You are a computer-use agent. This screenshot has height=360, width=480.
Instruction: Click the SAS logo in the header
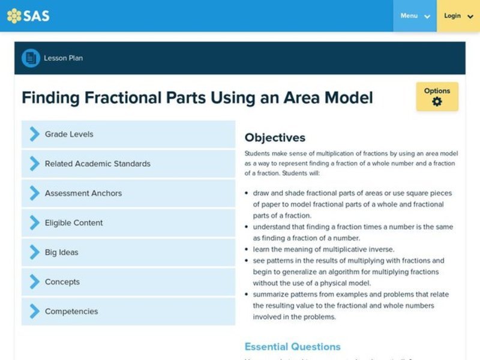coord(28,16)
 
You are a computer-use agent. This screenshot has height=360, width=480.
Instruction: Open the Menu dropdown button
coord(415,16)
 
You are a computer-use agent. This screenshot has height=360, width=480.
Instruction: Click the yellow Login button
coord(458,16)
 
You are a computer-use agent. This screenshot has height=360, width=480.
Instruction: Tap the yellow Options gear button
coord(437,97)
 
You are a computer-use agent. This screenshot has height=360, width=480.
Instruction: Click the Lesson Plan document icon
coord(30,58)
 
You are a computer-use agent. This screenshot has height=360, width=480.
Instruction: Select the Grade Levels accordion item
coord(128,134)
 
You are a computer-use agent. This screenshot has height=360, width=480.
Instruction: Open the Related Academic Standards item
coord(128,164)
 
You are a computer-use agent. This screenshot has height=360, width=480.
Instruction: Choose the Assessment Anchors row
coord(128,193)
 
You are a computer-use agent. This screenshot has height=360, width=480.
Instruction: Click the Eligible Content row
coord(128,223)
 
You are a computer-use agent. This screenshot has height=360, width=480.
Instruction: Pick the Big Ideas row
coord(128,252)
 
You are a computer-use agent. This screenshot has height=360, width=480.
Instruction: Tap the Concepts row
coord(128,281)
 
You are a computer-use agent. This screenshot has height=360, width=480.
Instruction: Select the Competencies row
coord(128,311)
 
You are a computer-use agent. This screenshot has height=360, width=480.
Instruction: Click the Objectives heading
coord(275,137)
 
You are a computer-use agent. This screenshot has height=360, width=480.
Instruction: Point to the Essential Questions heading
coord(292,347)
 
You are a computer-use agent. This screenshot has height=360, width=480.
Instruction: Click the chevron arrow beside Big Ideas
coord(34,252)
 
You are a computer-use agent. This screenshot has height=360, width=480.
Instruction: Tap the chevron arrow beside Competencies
coord(34,311)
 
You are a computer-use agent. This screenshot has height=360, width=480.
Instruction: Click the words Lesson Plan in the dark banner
coord(63,58)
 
